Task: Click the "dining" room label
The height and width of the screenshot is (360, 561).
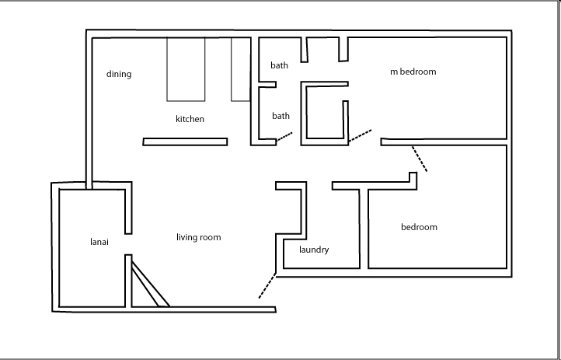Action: click(119, 75)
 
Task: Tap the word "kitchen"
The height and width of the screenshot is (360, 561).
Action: click(190, 119)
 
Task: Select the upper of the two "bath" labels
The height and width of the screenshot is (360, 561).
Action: click(280, 65)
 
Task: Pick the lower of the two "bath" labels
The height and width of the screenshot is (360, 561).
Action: click(280, 116)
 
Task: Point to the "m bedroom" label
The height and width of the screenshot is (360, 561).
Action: click(413, 72)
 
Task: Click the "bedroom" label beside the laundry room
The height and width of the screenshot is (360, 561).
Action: click(419, 227)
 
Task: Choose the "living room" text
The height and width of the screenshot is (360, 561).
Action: click(199, 237)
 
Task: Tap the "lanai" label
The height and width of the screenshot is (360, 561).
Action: click(99, 242)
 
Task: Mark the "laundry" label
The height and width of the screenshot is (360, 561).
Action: click(314, 250)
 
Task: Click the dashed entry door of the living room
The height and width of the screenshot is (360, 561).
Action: click(267, 285)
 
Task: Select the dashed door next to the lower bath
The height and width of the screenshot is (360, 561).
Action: click(284, 138)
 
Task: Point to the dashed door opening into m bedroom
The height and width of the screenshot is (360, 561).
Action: click(360, 137)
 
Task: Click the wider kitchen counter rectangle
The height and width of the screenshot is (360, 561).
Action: click(186, 68)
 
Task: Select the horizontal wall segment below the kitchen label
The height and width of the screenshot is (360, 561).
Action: click(185, 142)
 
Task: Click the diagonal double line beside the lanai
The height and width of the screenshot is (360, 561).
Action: click(150, 285)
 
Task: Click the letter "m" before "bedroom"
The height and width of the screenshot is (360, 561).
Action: click(394, 72)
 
